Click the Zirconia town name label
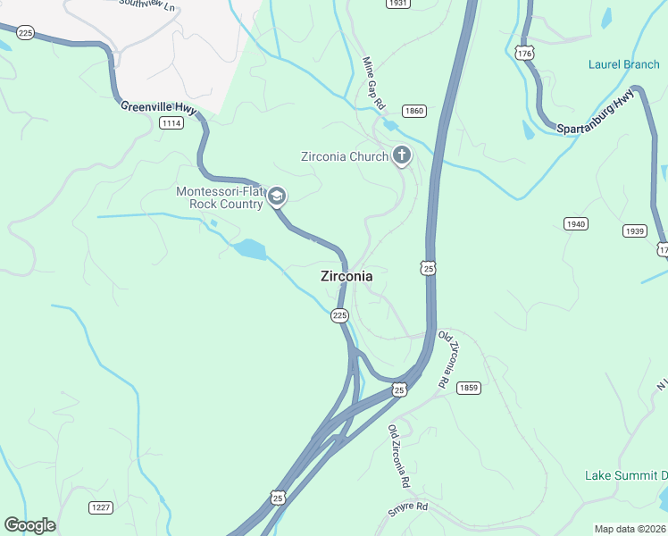click(347, 277)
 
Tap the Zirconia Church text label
click(344, 157)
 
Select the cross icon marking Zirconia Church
click(402, 156)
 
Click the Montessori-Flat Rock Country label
click(220, 197)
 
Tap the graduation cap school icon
click(277, 197)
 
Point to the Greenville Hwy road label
click(159, 106)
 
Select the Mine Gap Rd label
click(372, 82)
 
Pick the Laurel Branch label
click(623, 64)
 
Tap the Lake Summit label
click(625, 474)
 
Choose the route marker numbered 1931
click(398, 4)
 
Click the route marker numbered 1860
click(414, 111)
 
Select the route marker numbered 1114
click(171, 122)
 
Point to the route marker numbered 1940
click(576, 223)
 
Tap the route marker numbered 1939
click(634, 230)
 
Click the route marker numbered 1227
click(101, 507)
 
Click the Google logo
click(29, 525)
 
